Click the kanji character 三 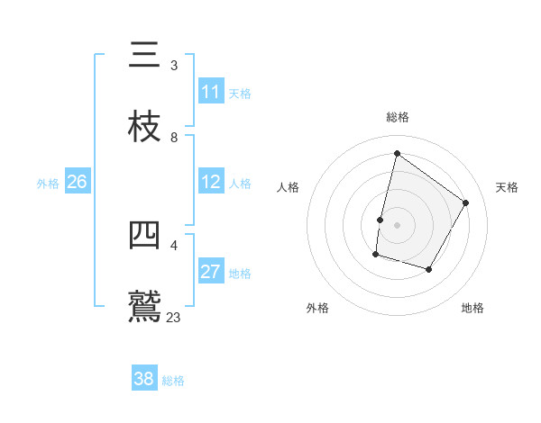click(145, 56)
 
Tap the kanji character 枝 click(145, 128)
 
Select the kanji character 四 click(145, 236)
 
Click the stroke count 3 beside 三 click(174, 66)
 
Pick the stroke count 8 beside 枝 click(174, 138)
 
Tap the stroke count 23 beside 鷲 click(174, 318)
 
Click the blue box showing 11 click(211, 92)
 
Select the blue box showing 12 click(211, 182)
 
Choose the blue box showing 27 click(211, 272)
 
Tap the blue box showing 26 click(78, 182)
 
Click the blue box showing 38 click(144, 379)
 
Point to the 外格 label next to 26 click(48, 183)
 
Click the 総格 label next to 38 click(173, 380)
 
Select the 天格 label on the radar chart click(507, 187)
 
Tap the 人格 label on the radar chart click(289, 187)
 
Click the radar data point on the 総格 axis click(397, 154)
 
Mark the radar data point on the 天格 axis click(466, 202)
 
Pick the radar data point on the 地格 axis click(429, 269)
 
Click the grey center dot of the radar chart click(397, 225)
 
